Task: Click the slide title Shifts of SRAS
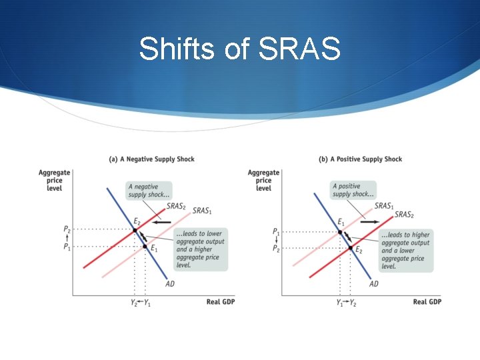pos(240,49)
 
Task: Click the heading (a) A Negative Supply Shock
pos(151,159)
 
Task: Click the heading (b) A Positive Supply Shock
pos(360,159)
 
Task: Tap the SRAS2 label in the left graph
pos(176,206)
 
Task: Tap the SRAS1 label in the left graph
pos(202,211)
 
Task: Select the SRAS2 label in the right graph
pos(404,215)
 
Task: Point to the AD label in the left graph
pos(170,284)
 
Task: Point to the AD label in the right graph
pos(373,284)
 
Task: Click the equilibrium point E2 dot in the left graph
pos(135,230)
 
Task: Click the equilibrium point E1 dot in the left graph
pos(145,247)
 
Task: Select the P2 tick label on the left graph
pos(67,229)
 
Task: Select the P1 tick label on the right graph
pos(275,231)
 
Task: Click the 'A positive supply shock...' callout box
pos(353,190)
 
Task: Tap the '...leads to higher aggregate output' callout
pos(405,250)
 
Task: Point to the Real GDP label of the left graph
pos(221,302)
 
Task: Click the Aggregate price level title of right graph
pos(263,180)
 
